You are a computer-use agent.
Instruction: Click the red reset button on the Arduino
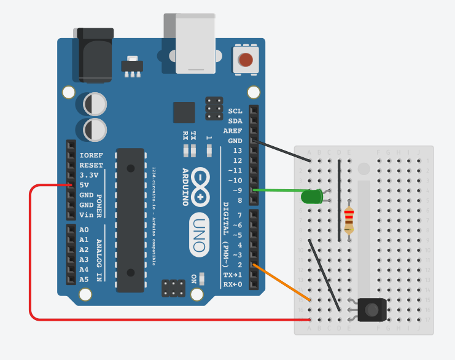(x=246, y=60)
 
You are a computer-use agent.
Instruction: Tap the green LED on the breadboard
(x=311, y=197)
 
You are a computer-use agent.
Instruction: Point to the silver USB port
(x=195, y=43)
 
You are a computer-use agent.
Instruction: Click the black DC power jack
(x=96, y=55)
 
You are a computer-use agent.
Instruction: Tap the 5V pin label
(x=84, y=185)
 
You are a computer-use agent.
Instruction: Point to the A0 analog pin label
(x=84, y=230)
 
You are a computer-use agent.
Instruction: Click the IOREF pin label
(x=91, y=155)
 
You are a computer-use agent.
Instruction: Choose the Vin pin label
(x=86, y=215)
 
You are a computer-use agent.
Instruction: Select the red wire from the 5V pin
(x=31, y=258)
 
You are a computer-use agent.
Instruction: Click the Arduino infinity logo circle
(x=200, y=187)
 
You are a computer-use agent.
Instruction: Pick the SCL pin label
(x=235, y=111)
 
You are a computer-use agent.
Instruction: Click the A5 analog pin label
(x=84, y=279)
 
